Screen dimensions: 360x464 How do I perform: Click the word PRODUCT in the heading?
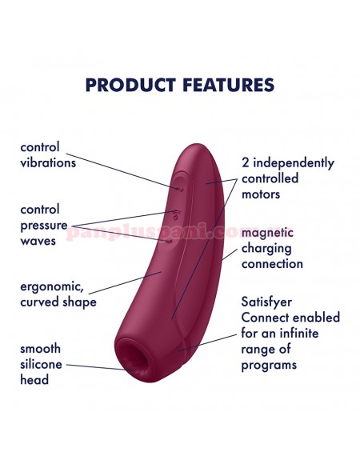pos(130,85)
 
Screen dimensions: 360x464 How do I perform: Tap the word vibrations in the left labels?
pos(48,162)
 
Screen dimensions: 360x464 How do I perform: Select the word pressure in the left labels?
pos(44,226)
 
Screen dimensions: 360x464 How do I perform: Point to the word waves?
pos(38,241)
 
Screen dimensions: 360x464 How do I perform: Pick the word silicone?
pos(41,364)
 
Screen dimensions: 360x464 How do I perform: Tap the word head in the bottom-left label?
pos(34,379)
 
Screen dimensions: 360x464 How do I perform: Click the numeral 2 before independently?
pos(246,162)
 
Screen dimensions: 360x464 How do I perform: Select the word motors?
pos(261,194)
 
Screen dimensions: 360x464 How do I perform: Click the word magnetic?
pos(267,232)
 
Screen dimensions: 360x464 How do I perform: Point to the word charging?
pos(266,249)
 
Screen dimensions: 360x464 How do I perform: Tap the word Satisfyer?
pos(266,302)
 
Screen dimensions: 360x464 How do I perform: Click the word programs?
pos(269,365)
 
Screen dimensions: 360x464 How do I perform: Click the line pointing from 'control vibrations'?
pos(123,171)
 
